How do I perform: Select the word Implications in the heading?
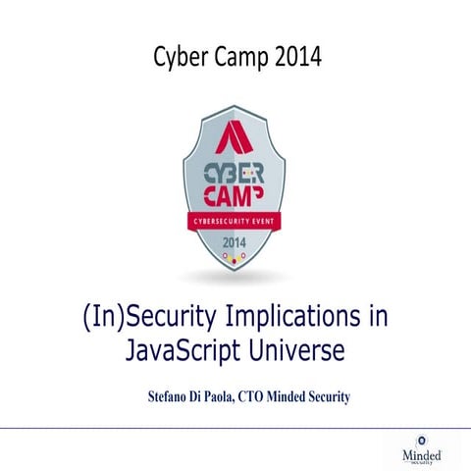click(x=300, y=318)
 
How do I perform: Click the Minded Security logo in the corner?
click(x=422, y=452)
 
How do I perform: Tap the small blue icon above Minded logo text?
click(x=422, y=440)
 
